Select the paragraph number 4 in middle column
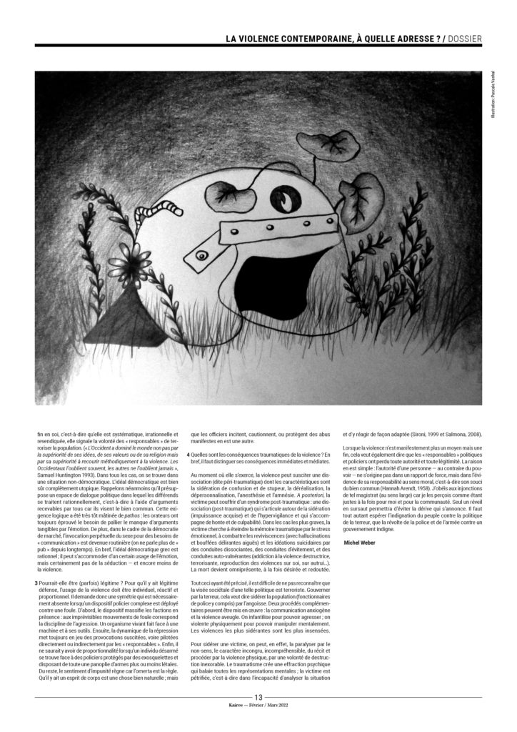coord(189,455)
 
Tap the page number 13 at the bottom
coord(258,697)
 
